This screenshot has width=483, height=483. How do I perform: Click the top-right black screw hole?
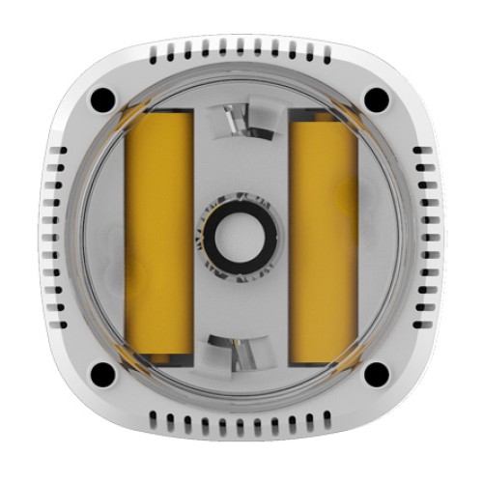(x=377, y=99)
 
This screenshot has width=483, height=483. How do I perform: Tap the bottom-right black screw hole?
(x=377, y=373)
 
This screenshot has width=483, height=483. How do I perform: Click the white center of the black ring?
(x=240, y=236)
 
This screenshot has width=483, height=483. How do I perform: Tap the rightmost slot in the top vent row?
(x=326, y=46)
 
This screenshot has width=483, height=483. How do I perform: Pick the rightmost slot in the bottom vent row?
(x=326, y=422)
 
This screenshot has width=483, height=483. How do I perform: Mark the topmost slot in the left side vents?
(x=56, y=152)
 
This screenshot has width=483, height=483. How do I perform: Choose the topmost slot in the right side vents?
(x=424, y=152)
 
